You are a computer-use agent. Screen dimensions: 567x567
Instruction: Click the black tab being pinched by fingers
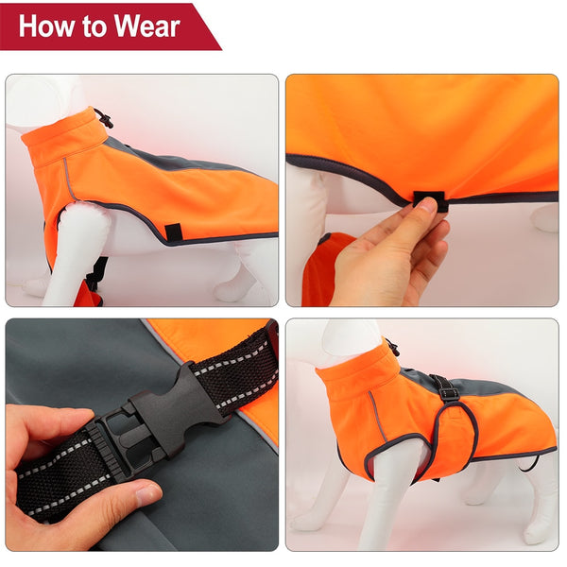click(x=425, y=200)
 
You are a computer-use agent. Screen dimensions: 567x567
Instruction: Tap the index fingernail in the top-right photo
click(x=427, y=204)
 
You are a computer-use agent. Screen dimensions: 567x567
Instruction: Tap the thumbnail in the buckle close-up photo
click(x=146, y=493)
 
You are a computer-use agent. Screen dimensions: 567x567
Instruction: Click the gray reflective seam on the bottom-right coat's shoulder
click(x=379, y=416)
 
